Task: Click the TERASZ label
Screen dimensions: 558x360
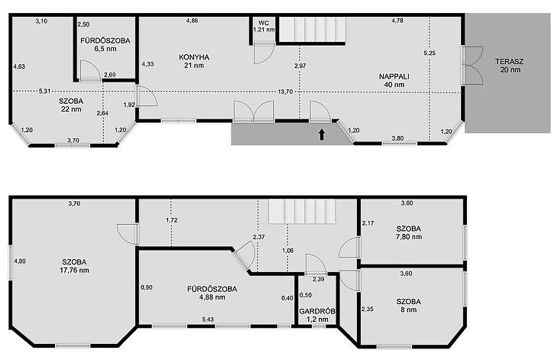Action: coord(509,62)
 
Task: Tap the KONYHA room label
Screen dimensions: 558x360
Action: coord(194,57)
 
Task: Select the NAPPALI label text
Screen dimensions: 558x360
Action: coord(394,76)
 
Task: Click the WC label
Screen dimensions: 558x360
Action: coord(264,23)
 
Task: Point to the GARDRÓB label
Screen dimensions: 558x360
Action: coord(317,311)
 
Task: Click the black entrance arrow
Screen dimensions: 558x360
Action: coord(322,135)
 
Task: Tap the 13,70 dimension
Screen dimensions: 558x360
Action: coord(285,92)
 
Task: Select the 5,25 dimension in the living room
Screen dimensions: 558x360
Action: coord(430,53)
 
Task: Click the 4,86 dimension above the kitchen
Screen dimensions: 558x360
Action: coord(192,21)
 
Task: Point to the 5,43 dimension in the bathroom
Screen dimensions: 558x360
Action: coord(208,319)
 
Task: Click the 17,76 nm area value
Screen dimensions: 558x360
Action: coord(74,271)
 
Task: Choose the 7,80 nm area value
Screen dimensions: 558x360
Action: coord(409,237)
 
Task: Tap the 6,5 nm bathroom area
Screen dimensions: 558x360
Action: coord(105,49)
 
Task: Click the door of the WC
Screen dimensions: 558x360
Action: coord(264,54)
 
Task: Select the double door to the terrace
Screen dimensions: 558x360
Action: coord(472,65)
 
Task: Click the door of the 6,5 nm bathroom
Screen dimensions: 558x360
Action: coord(89,70)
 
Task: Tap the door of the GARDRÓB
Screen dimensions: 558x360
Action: coord(316,264)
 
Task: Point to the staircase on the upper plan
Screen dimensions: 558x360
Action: coord(312,30)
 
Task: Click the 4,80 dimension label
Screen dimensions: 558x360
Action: coord(20,261)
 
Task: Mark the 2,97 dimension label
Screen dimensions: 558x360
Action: coord(300,66)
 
